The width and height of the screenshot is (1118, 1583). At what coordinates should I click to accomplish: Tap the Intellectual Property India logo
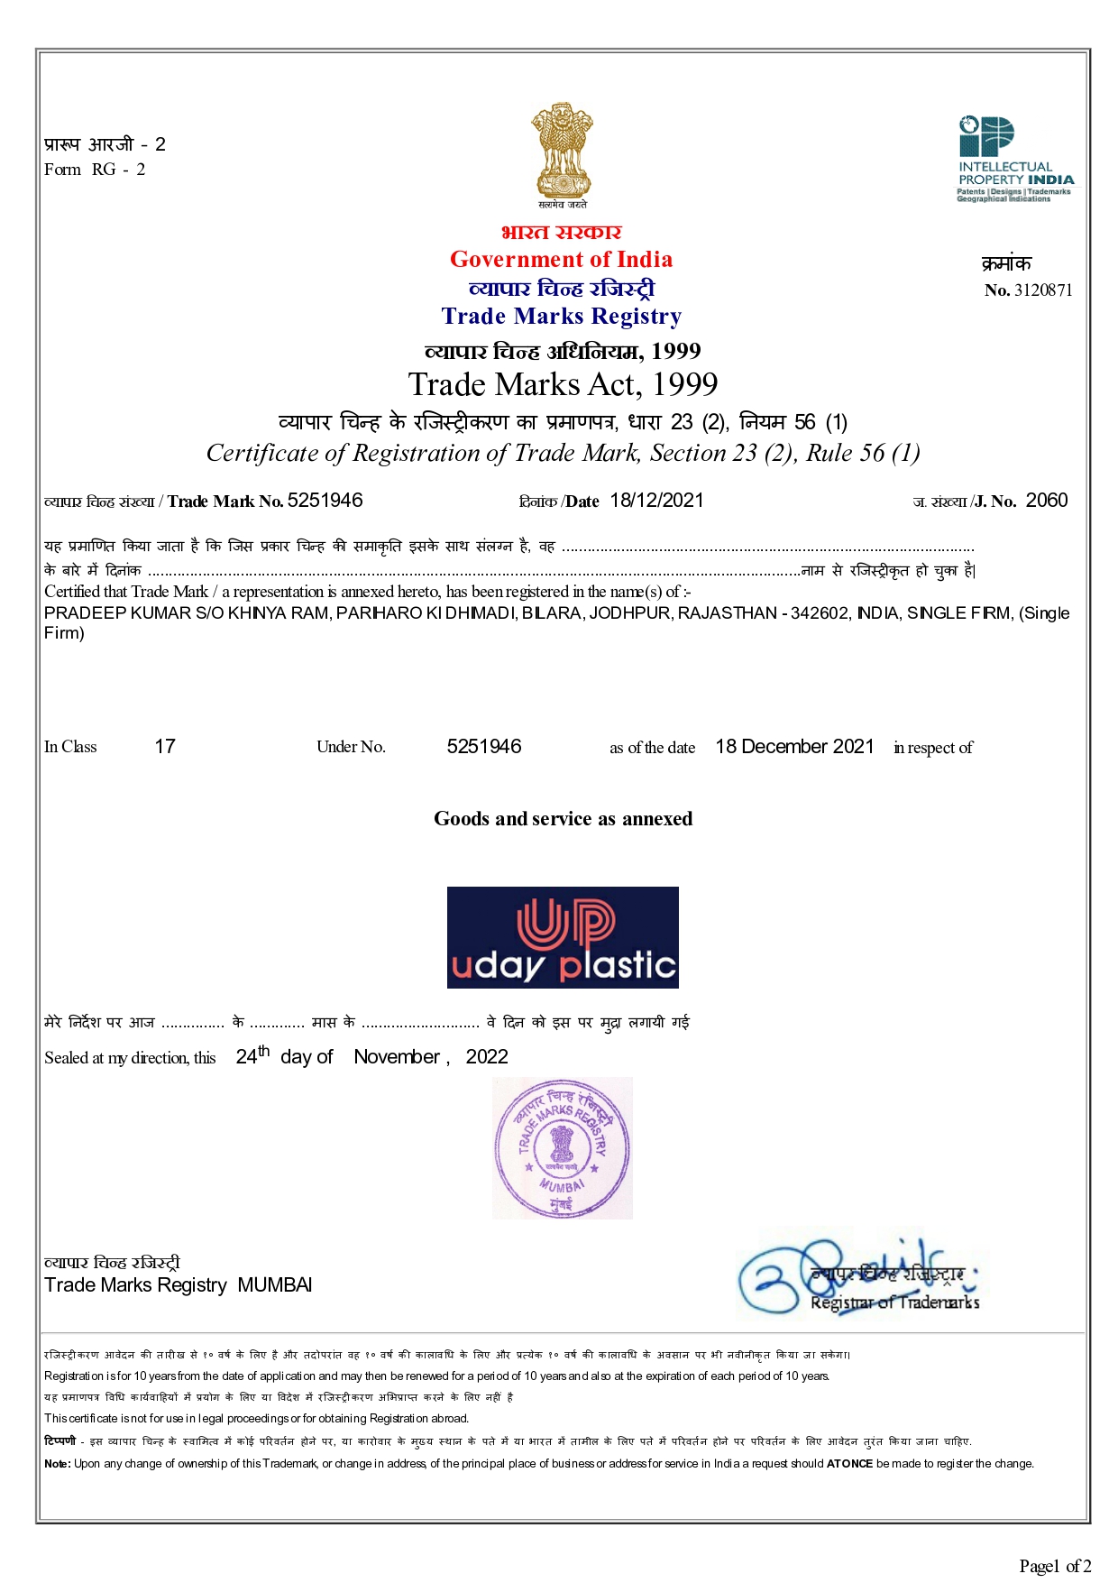pos(1014,160)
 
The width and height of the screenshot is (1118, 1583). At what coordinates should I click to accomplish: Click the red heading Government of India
pos(561,260)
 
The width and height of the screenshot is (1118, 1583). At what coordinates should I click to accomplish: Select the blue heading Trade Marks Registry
pos(561,317)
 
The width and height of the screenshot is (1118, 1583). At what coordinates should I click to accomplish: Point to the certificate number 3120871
pos(1043,290)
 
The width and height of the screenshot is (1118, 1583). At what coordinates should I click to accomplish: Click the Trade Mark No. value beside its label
pos(325,501)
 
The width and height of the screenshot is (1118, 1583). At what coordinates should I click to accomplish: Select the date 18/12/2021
pos(656,501)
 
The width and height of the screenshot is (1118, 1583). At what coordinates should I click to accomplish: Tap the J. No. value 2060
pos(1047,501)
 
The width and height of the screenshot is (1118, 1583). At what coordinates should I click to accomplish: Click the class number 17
pos(165,747)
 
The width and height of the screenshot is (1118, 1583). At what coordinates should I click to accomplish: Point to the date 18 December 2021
pos(794,747)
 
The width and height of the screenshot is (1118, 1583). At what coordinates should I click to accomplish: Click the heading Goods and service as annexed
pos(563,819)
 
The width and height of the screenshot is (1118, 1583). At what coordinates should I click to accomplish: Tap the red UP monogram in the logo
pos(565,924)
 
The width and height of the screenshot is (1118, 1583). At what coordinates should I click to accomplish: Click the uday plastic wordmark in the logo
pos(564,966)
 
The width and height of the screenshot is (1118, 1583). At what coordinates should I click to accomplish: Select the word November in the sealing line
pos(397,1057)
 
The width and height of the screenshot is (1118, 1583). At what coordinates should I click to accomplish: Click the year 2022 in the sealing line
pos(487,1057)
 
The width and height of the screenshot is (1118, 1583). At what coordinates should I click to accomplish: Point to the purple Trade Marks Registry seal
pos(562,1147)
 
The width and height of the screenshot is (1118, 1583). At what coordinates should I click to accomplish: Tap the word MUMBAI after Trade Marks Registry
pos(275,1285)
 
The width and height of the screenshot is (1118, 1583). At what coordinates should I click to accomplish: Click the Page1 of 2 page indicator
pos(1055,1566)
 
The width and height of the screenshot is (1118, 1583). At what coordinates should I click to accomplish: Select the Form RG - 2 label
pos(95,170)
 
